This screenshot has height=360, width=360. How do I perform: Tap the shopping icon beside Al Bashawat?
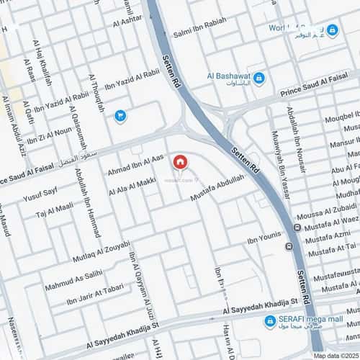pyautogui.click(x=259, y=78)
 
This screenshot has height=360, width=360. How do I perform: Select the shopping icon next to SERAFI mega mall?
pyautogui.click(x=270, y=321)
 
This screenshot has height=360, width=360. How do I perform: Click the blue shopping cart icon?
pyautogui.click(x=120, y=114)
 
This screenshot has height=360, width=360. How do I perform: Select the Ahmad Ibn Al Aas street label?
pyautogui.click(x=136, y=166)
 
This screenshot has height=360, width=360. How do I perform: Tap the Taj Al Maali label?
pyautogui.click(x=55, y=210)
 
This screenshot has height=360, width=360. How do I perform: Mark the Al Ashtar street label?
pyautogui.click(x=127, y=22)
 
